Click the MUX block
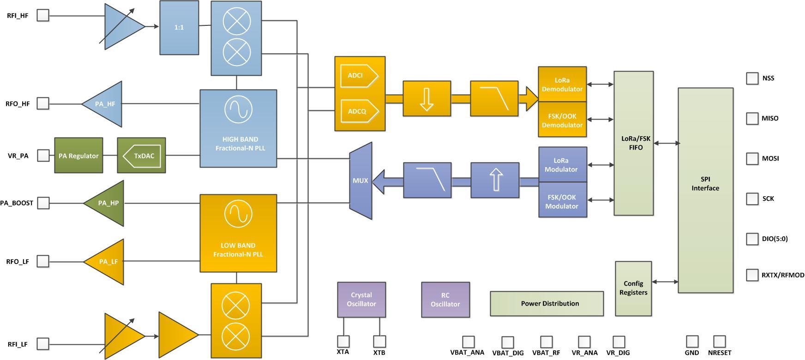point(360,180)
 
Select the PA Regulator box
point(78,156)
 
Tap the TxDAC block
point(142,156)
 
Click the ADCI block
point(358,76)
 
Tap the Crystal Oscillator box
point(361,300)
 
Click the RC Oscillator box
point(445,300)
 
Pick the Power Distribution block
point(547,304)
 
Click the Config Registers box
point(633,288)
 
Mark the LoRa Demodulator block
point(562,84)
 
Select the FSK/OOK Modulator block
point(563,201)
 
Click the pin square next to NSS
point(752,78)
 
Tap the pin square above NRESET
point(719,342)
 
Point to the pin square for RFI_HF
point(43,15)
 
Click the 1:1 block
point(179,28)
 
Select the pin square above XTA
point(343,342)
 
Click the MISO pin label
point(770,118)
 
